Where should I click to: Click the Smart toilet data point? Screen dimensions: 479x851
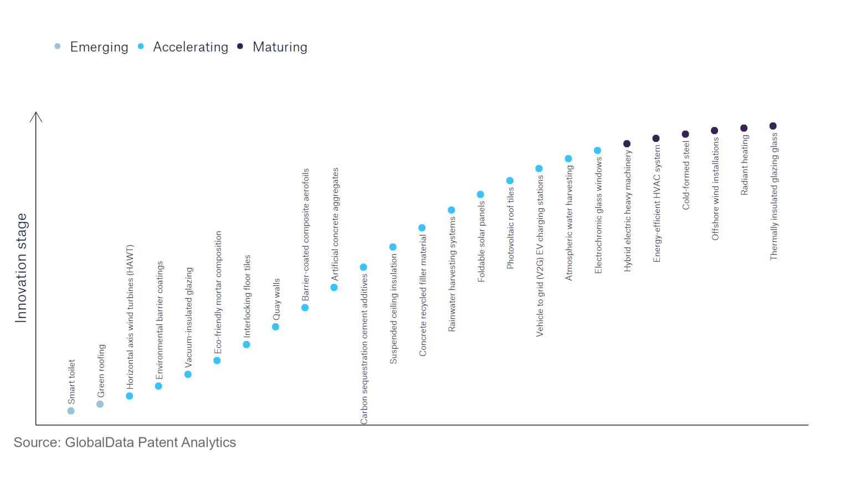(x=71, y=411)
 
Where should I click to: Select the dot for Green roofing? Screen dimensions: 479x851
(x=100, y=404)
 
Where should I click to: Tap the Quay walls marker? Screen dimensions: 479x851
(x=275, y=327)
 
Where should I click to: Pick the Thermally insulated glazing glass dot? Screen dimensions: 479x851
(x=773, y=126)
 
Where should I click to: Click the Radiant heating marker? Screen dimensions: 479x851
(x=744, y=128)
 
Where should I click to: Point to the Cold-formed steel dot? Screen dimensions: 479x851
(x=685, y=134)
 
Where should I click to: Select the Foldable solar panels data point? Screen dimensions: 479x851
(x=480, y=195)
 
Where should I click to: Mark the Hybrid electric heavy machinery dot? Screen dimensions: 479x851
(x=627, y=144)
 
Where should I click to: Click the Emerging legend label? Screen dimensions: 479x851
(x=99, y=47)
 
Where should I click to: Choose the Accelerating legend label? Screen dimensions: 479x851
(x=191, y=47)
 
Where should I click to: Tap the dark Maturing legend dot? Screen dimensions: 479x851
(x=240, y=47)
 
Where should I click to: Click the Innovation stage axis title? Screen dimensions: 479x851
(x=21, y=268)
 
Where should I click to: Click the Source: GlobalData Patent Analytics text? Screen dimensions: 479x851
(x=125, y=442)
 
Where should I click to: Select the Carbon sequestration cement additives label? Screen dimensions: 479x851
(x=364, y=349)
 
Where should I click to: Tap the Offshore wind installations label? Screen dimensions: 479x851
(x=715, y=189)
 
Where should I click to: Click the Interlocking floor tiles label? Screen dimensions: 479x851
(x=247, y=296)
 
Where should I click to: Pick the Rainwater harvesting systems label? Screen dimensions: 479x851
(x=452, y=274)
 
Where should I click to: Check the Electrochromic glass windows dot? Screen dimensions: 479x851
(x=597, y=151)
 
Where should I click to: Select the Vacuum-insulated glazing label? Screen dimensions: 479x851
(x=189, y=318)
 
